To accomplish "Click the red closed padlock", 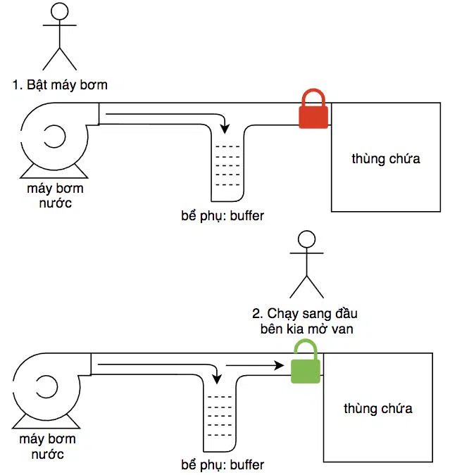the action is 313,110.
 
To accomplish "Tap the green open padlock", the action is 306,362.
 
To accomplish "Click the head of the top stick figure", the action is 60,11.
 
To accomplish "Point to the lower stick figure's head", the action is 306,239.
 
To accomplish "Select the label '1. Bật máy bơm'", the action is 60,85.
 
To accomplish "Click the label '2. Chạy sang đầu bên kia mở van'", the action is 305,321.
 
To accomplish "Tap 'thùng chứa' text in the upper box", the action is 386,159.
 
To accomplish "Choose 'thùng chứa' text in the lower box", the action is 378,409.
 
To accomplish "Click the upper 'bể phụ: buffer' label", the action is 223,216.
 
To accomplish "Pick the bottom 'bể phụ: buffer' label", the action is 223,465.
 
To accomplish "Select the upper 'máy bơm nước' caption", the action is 55,196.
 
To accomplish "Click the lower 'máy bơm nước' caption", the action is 48,447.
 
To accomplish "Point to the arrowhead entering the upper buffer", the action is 225,129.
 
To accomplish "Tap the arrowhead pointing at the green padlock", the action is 279,365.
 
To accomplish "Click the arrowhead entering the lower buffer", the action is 217,379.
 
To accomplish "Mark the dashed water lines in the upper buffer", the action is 227,165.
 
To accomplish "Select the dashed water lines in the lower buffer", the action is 220,416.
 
